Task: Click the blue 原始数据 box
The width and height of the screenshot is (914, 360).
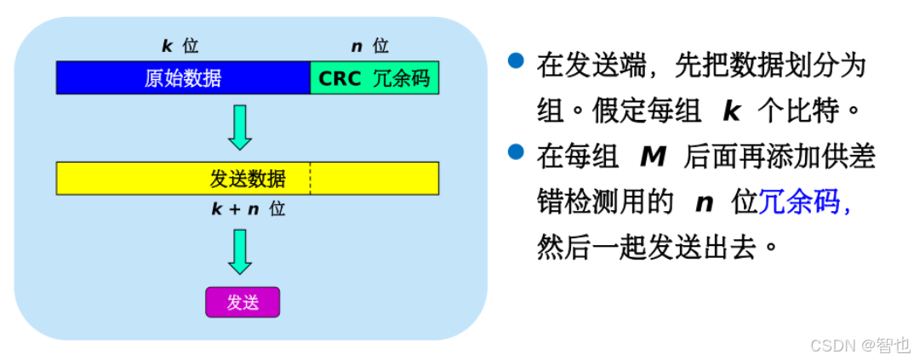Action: [183, 78]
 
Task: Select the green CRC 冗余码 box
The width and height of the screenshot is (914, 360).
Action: [374, 78]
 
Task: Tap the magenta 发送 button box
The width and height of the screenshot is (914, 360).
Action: [243, 302]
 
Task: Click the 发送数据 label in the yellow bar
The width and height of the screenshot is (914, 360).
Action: [248, 179]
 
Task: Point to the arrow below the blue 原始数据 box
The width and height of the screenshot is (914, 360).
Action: [241, 127]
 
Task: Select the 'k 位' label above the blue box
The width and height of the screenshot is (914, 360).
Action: [180, 46]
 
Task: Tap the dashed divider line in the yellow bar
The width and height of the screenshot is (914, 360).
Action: [310, 178]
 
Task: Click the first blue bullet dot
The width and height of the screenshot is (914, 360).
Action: [516, 61]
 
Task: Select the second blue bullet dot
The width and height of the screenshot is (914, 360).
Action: [516, 152]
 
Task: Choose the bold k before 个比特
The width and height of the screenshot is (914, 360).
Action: [731, 111]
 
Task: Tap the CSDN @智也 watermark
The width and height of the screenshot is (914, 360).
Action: [860, 345]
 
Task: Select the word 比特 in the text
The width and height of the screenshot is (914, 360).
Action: [819, 111]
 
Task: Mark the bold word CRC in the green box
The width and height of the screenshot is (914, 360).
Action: [340, 78]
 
